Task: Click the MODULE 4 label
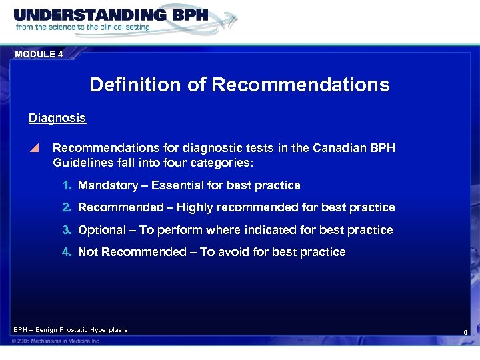[39, 55]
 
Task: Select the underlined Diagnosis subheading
[57, 118]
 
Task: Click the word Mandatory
[107, 185]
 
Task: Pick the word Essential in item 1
[176, 185]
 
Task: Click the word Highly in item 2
[207, 207]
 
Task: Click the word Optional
[102, 230]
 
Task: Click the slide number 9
[466, 331]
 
